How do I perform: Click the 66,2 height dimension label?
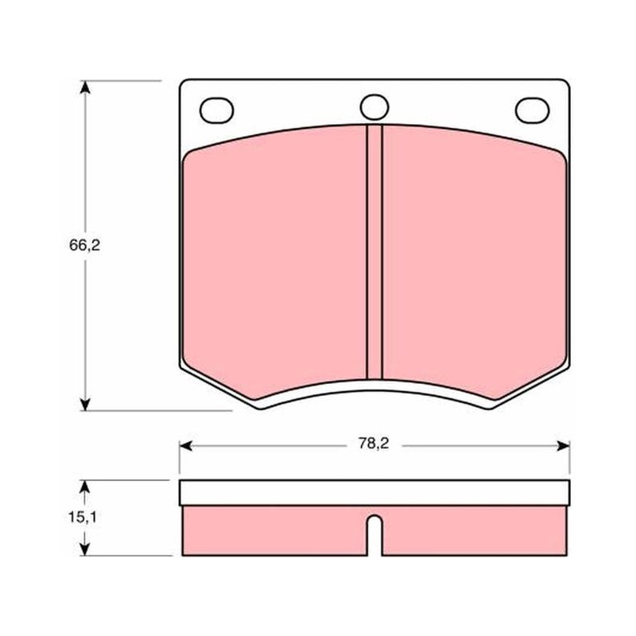click(x=84, y=246)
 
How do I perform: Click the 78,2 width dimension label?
click(x=373, y=444)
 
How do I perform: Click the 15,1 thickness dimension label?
click(x=83, y=518)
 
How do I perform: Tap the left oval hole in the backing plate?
click(x=216, y=111)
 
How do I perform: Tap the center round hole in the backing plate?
click(x=374, y=107)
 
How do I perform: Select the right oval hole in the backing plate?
click(x=532, y=111)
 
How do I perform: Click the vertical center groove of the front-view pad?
click(x=374, y=252)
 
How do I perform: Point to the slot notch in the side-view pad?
click(x=374, y=535)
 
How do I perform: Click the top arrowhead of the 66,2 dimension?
click(x=85, y=87)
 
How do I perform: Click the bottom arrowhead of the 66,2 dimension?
click(x=85, y=404)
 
